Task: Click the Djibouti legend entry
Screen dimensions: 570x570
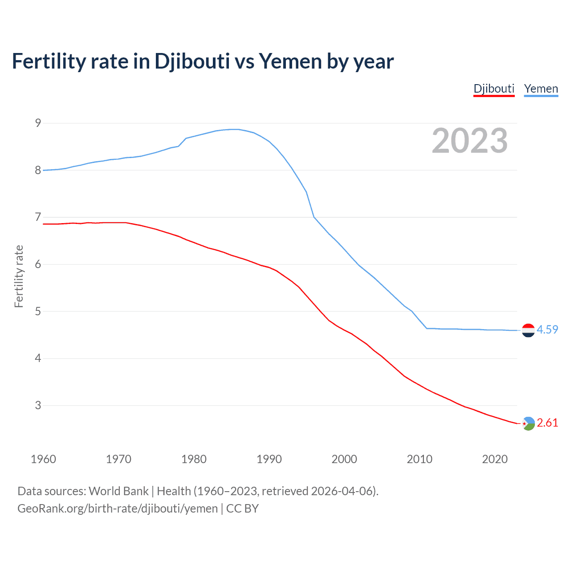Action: pos(494,89)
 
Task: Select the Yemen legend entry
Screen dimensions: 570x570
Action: pos(541,89)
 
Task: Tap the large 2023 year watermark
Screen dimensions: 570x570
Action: pos(470,141)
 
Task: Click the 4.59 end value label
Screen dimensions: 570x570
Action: pos(547,330)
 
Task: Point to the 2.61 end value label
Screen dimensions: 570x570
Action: pos(547,423)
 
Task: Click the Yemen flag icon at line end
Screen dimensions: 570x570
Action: pos(528,330)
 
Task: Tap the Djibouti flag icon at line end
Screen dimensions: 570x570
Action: pos(528,423)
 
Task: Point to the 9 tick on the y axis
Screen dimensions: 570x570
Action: pos(38,123)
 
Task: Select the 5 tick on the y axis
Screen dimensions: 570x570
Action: pos(38,311)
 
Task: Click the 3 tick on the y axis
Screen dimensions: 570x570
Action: pos(38,405)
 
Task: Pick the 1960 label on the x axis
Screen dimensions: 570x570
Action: pos(43,459)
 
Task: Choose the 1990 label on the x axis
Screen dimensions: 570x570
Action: pos(269,459)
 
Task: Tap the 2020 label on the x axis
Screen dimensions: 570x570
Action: pos(495,459)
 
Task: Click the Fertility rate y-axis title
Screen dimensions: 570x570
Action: pos(19,276)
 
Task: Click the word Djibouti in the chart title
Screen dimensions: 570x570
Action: pos(192,61)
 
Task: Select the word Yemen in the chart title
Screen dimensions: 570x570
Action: pos(290,61)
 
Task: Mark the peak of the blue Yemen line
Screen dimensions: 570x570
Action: pos(235,129)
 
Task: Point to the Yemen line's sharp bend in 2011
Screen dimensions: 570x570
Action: pos(427,328)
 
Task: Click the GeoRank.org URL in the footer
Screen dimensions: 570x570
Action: pos(118,509)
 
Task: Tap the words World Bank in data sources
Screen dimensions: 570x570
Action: pos(118,491)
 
